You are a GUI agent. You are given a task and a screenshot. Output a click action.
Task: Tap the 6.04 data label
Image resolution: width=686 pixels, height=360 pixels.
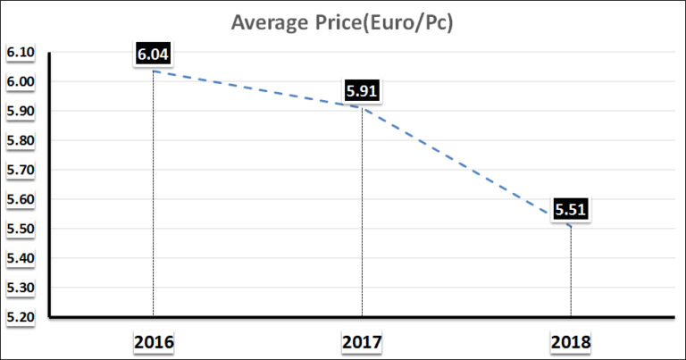pyautogui.click(x=153, y=54)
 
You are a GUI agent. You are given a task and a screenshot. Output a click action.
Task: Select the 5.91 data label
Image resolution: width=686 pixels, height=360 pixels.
pyautogui.click(x=362, y=90)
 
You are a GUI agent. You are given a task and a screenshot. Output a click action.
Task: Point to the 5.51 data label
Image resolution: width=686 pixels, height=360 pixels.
pyautogui.click(x=571, y=211)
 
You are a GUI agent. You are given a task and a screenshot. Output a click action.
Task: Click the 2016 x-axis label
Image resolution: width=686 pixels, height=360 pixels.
pyautogui.click(x=153, y=341)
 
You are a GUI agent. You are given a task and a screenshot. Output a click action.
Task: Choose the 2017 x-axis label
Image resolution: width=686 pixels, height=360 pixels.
pyautogui.click(x=362, y=341)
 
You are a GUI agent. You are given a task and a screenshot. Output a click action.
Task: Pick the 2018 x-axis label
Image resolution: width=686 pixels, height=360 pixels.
pyautogui.click(x=571, y=341)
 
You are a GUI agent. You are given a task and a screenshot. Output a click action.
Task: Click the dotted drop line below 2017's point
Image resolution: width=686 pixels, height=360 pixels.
pyautogui.click(x=362, y=214)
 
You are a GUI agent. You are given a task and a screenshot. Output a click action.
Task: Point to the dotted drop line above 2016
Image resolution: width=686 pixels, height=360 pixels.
pyautogui.click(x=153, y=197)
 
